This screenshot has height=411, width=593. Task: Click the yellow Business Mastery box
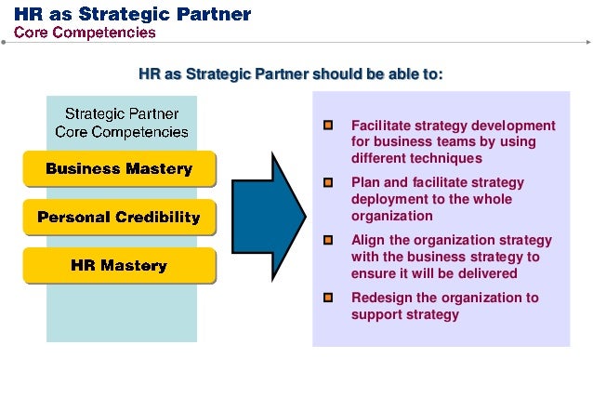click(119, 169)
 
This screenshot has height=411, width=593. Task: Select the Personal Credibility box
click(119, 218)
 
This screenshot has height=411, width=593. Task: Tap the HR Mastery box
click(119, 266)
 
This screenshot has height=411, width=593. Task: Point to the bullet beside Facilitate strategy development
click(328, 126)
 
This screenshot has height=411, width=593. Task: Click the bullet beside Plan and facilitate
click(328, 183)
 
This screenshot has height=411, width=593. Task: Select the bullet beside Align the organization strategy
click(328, 240)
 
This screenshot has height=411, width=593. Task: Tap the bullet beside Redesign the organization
click(328, 298)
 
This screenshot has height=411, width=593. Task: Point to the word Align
click(367, 240)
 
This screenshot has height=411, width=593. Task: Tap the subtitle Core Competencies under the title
click(85, 33)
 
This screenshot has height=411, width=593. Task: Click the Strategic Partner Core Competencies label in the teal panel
click(122, 123)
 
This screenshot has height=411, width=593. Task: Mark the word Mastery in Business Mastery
click(157, 169)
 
